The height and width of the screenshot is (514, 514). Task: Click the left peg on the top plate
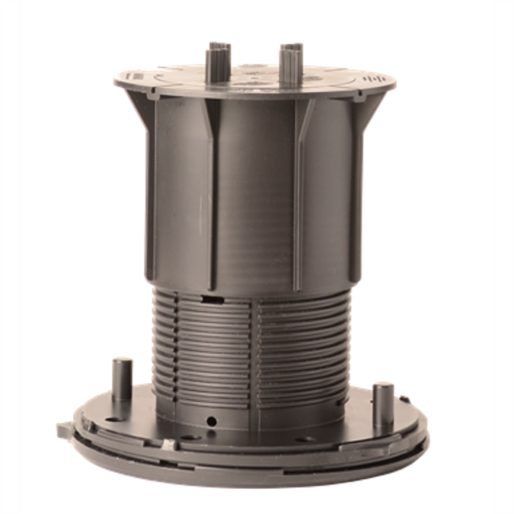(214, 57)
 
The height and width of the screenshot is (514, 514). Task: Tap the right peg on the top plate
(290, 58)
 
